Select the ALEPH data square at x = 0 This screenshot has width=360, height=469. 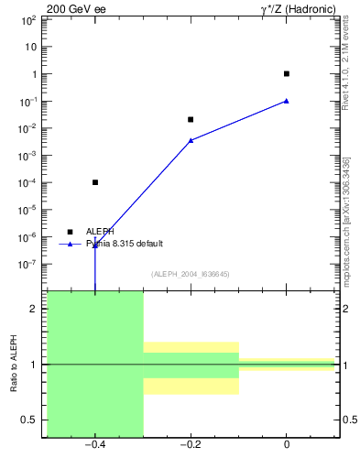[287, 73]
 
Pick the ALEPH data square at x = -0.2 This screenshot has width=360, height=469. [191, 119]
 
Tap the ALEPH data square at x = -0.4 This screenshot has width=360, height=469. [95, 182]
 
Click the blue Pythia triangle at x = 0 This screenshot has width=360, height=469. [287, 101]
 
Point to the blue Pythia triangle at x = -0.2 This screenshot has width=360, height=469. [191, 140]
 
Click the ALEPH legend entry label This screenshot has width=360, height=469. [100, 232]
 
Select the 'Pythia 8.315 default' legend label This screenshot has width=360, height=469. [125, 244]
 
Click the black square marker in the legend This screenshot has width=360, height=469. [70, 232]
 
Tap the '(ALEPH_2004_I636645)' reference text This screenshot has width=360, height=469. [191, 274]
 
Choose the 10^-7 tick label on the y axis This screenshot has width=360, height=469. [29, 264]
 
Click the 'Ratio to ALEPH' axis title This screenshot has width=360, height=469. [13, 364]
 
